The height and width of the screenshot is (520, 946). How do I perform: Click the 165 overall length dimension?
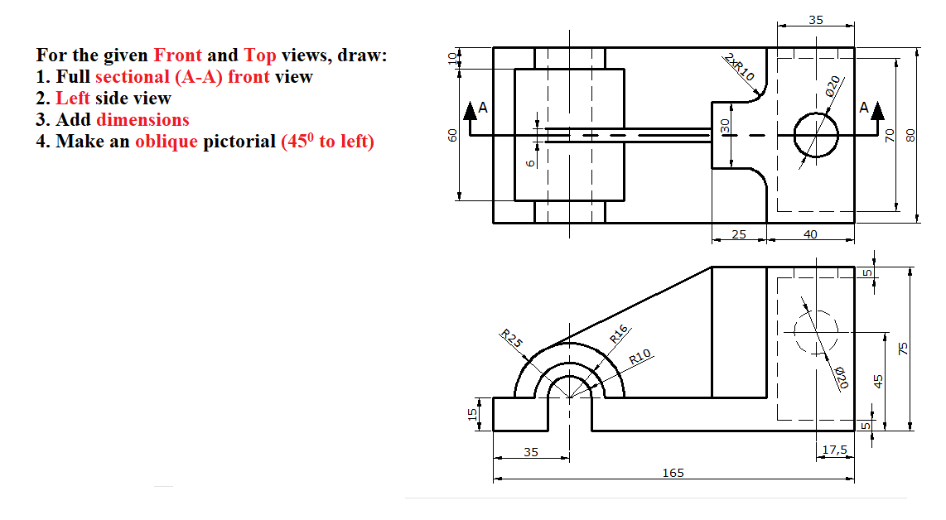[x=673, y=473]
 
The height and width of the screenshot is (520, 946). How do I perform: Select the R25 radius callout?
[x=512, y=339]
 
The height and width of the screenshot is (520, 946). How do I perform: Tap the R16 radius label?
[x=620, y=334]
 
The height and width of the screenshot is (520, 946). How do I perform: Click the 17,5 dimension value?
[x=834, y=450]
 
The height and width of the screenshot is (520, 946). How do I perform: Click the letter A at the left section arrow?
[x=483, y=108]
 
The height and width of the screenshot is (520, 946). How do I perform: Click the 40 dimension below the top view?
[x=810, y=234]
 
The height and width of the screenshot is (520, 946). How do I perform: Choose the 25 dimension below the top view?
[x=739, y=234]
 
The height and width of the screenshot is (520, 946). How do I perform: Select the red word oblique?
[x=167, y=141]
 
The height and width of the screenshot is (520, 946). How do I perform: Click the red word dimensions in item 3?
[x=142, y=119]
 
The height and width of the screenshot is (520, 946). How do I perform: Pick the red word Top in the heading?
[x=260, y=55]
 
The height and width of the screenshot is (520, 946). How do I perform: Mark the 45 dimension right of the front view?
[x=880, y=381]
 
